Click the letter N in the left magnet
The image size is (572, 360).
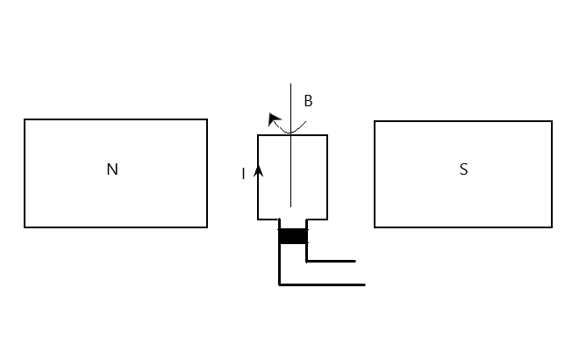(x=111, y=169)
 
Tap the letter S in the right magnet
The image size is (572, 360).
(x=463, y=169)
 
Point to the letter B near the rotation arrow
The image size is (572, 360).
(x=308, y=101)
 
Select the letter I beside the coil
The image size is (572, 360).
(x=244, y=174)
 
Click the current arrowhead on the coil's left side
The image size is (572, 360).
(x=258, y=171)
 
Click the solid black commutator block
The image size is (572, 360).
(x=293, y=235)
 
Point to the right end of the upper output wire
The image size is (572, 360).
(x=355, y=261)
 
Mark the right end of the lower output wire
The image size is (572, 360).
(x=364, y=284)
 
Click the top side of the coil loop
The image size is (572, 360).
(x=307, y=135)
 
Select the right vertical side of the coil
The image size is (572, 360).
(x=327, y=176)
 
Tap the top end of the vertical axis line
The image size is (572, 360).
(x=291, y=84)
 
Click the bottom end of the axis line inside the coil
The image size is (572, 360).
(x=291, y=206)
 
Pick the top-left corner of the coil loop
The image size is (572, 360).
(x=258, y=135)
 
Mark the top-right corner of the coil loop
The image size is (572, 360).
(x=327, y=135)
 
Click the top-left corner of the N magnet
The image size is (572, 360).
(x=25, y=119)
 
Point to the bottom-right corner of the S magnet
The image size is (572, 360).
(x=552, y=227)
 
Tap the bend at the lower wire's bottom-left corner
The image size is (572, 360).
(x=279, y=284)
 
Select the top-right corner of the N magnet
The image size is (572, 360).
(x=207, y=119)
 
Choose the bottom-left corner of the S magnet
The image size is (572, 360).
(x=375, y=227)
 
